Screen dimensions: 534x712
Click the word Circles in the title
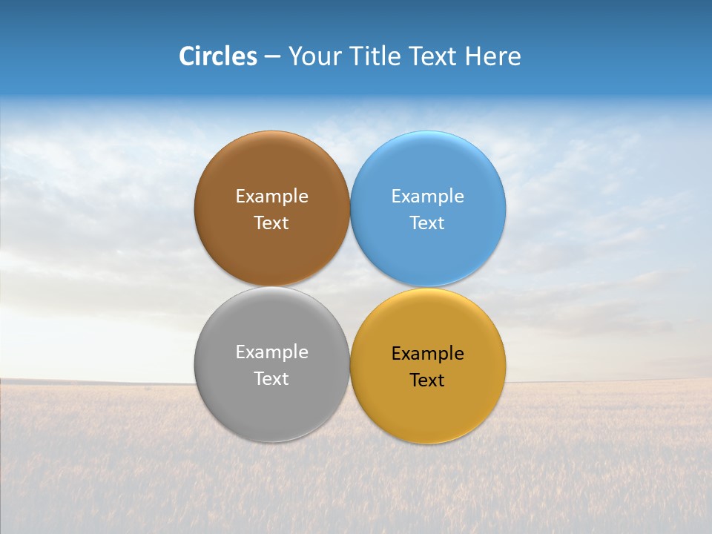pos(218,56)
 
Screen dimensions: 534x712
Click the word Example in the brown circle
pos(271,197)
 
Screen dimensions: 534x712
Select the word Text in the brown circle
pos(271,223)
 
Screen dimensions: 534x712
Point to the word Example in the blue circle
pos(427,197)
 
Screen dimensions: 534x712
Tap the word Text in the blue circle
pos(427,223)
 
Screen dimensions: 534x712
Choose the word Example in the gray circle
pos(271,352)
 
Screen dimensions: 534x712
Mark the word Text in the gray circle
pos(271,379)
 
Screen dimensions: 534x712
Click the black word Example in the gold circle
pos(427,354)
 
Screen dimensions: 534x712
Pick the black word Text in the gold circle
pos(427,380)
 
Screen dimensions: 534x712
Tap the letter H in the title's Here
pos(472,56)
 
